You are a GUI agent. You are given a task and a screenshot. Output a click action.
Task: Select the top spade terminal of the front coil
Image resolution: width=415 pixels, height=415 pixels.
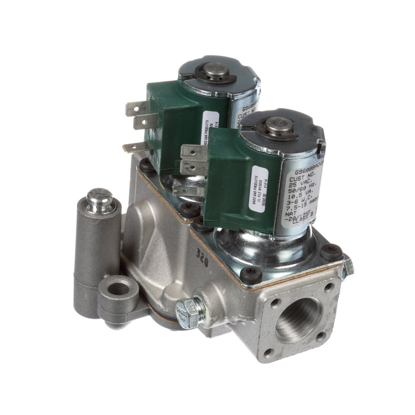coord(193,152)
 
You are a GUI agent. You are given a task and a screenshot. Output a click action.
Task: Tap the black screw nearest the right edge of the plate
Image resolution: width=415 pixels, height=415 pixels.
coord(332,251)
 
